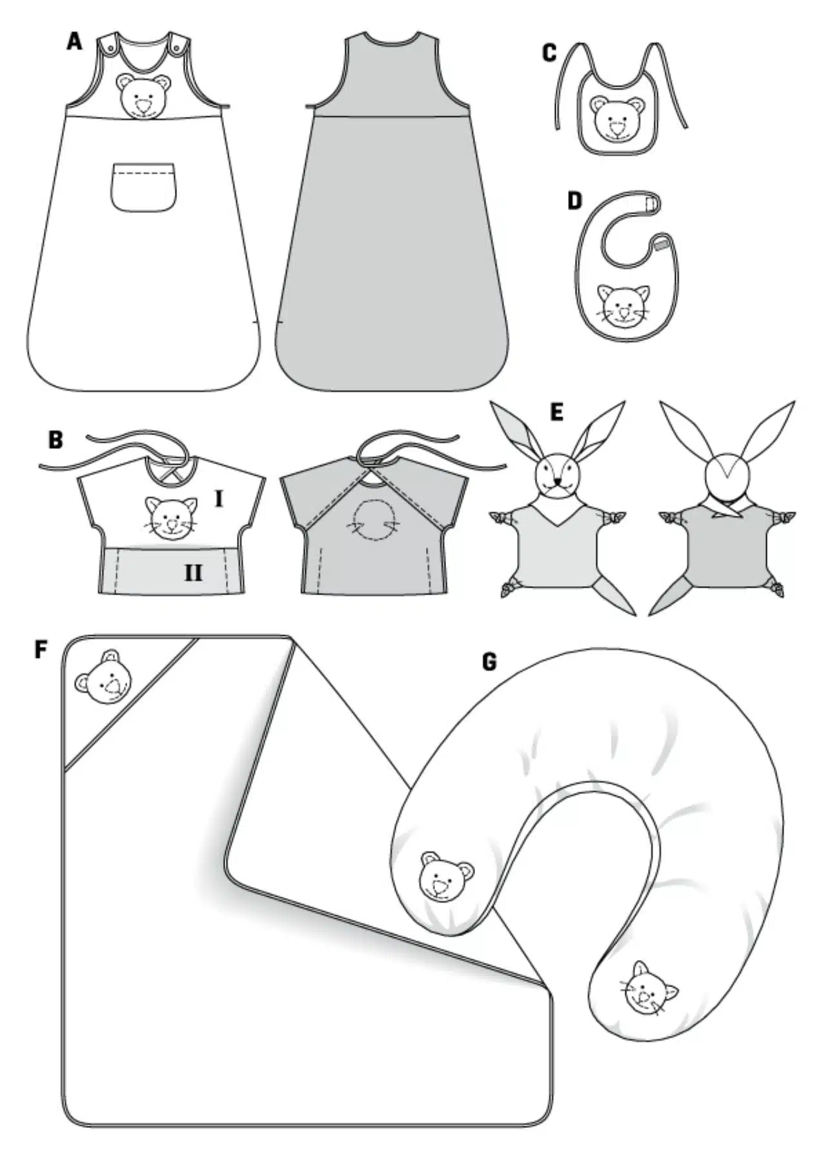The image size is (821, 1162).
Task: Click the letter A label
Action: (x=75, y=42)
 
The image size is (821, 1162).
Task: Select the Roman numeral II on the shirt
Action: (x=193, y=573)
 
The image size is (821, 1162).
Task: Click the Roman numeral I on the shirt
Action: (x=218, y=499)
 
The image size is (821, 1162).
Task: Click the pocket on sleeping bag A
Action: (x=143, y=187)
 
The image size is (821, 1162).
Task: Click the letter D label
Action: (x=574, y=201)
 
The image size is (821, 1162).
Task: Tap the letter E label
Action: (x=556, y=412)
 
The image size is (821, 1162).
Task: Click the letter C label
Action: (x=549, y=54)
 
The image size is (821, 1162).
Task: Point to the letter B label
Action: (x=56, y=441)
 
